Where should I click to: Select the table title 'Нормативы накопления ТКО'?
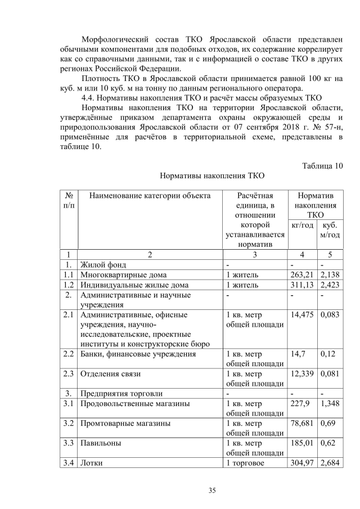[x=212, y=176]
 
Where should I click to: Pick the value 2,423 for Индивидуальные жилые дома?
[x=330, y=285]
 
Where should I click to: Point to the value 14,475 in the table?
[x=302, y=315]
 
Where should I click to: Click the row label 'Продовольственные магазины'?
[x=135, y=403]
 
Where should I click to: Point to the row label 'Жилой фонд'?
[x=103, y=264]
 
